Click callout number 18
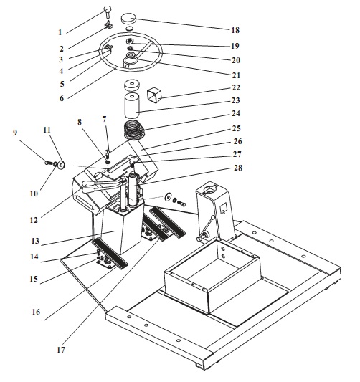click(235, 30)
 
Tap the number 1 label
click(60, 32)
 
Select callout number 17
click(61, 350)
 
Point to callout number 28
click(238, 168)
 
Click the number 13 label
click(35, 241)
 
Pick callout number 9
click(15, 133)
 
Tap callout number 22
click(236, 87)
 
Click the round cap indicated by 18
click(128, 19)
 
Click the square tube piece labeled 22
click(154, 95)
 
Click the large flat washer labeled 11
click(61, 165)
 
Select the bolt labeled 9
click(49, 162)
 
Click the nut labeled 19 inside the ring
click(130, 41)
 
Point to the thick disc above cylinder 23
click(132, 85)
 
